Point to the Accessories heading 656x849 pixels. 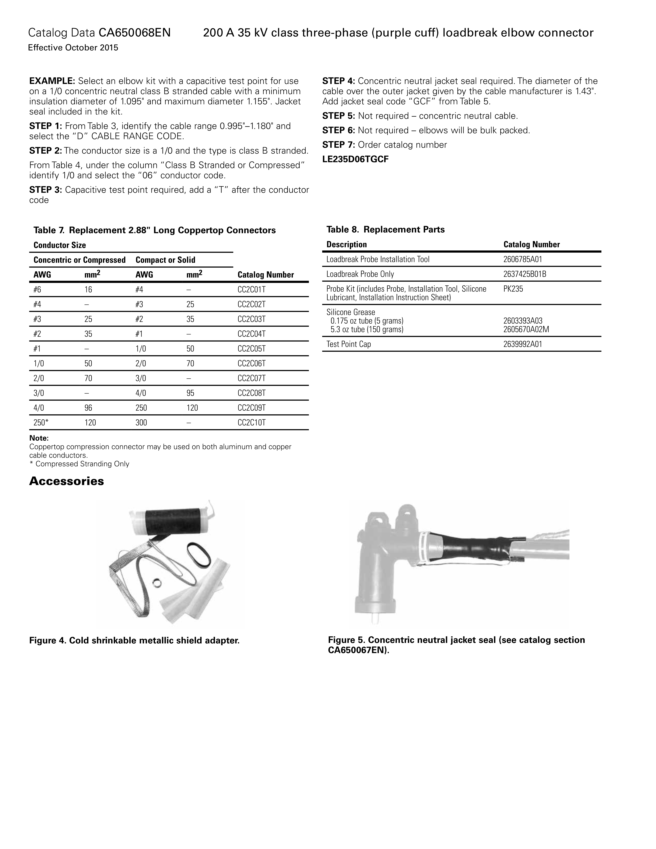[66, 481]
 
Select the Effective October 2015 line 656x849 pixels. [73, 48]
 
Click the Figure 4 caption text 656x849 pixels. [135, 640]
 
